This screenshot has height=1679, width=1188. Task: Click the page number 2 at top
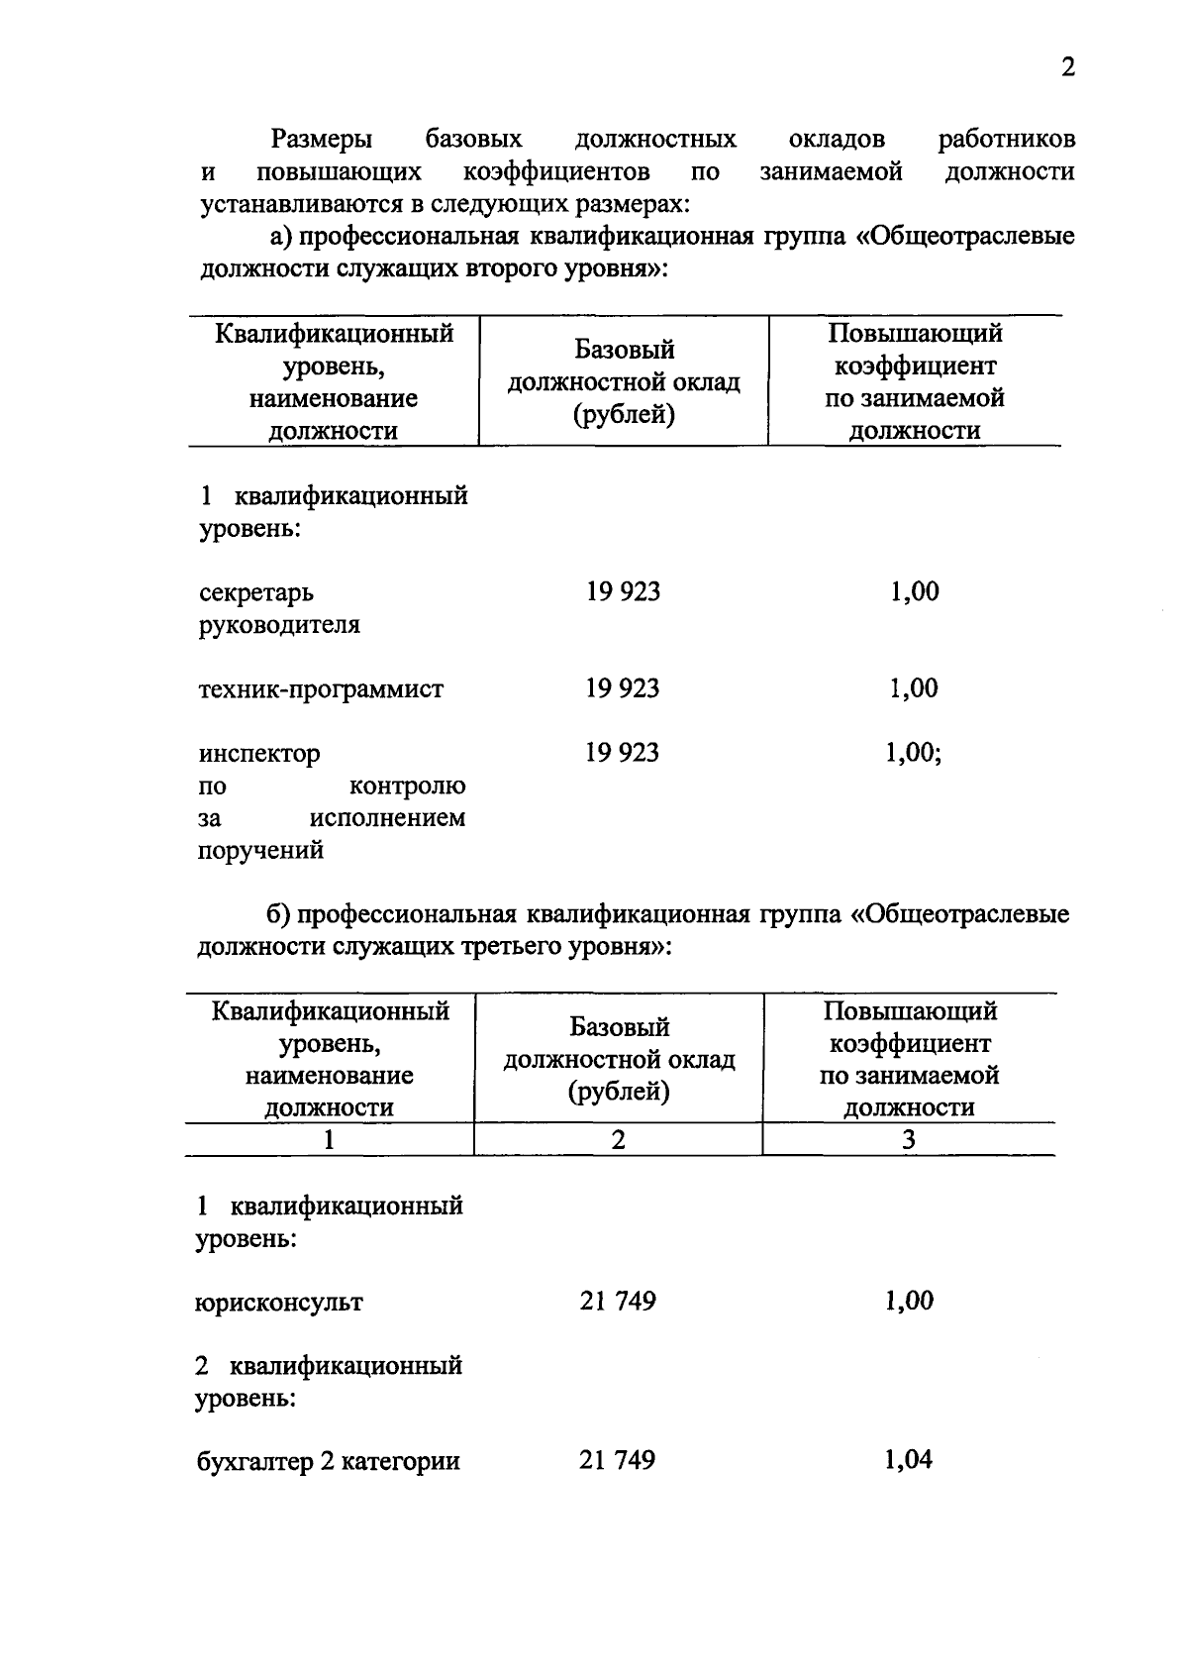(x=1066, y=67)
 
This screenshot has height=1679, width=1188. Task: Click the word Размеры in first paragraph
(x=322, y=140)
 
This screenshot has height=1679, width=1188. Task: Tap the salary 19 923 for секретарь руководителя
(x=623, y=592)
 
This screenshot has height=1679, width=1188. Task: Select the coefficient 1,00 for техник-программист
(x=913, y=688)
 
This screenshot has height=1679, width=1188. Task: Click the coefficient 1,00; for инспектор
(x=913, y=753)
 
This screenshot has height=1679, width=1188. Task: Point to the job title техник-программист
(x=321, y=689)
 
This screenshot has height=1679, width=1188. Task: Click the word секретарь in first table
(x=256, y=593)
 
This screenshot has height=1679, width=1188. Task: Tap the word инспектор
(x=259, y=754)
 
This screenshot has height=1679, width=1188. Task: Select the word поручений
(x=261, y=851)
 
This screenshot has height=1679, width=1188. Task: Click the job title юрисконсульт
(x=279, y=1303)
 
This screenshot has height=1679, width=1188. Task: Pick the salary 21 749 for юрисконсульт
(x=618, y=1302)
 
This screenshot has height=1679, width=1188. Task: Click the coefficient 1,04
(x=908, y=1460)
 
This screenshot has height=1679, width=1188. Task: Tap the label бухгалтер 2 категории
(x=328, y=1462)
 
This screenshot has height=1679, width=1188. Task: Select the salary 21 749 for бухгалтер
(x=618, y=1460)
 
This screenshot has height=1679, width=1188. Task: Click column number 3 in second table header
(x=908, y=1140)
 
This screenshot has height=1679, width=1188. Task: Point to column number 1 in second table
(x=329, y=1140)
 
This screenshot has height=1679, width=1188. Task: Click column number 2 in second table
(x=618, y=1140)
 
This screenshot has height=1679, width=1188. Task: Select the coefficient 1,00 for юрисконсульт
(x=908, y=1302)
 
